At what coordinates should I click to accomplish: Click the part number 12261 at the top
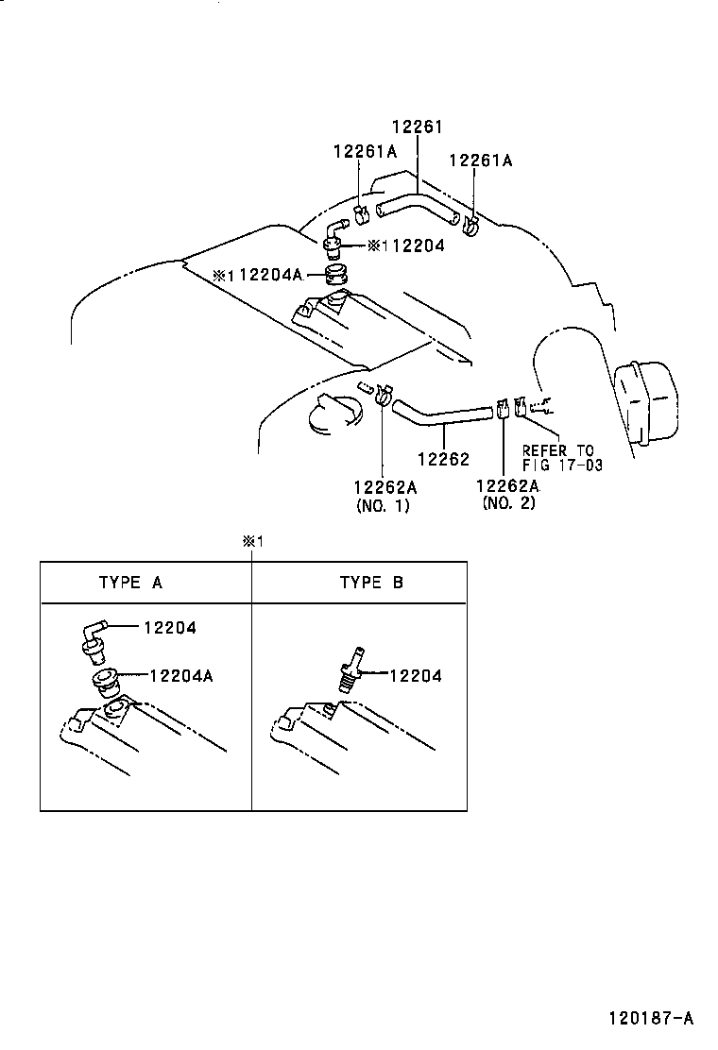coord(418,127)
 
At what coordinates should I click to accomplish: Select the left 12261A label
coord(365,152)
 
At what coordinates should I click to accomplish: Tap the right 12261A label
coord(480,160)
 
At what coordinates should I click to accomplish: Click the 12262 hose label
coord(443,459)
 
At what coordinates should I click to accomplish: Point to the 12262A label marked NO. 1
coord(385,487)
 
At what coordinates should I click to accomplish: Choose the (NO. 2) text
coord(509,503)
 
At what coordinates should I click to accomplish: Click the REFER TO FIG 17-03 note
coord(562,457)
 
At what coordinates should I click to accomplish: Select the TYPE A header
coord(130,582)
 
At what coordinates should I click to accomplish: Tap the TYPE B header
coord(371,582)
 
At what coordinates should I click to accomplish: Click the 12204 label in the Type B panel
coord(416,676)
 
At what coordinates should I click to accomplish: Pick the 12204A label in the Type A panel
coord(180,676)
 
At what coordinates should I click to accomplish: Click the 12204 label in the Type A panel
coord(169,628)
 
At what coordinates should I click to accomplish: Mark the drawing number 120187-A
coord(651,1019)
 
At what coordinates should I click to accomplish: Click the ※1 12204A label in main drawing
coord(258,275)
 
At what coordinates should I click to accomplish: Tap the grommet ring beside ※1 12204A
coord(337,276)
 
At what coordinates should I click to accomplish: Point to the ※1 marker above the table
coord(252,541)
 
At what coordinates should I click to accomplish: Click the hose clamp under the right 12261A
coord(471,227)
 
